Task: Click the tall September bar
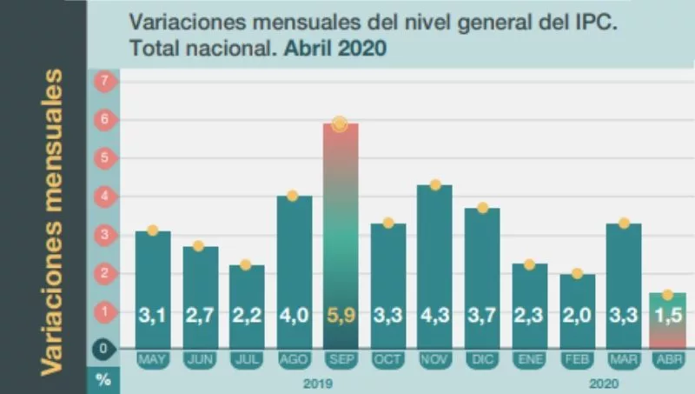point(340,235)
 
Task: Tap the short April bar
point(668,319)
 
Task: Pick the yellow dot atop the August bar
point(293,196)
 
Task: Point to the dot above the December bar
point(482,208)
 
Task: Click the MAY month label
point(153,357)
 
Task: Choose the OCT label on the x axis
point(387,357)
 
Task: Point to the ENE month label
point(529,357)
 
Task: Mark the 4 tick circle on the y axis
point(103,197)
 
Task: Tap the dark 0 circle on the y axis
point(103,350)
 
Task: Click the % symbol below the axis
point(103,381)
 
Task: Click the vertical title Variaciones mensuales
point(53,222)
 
